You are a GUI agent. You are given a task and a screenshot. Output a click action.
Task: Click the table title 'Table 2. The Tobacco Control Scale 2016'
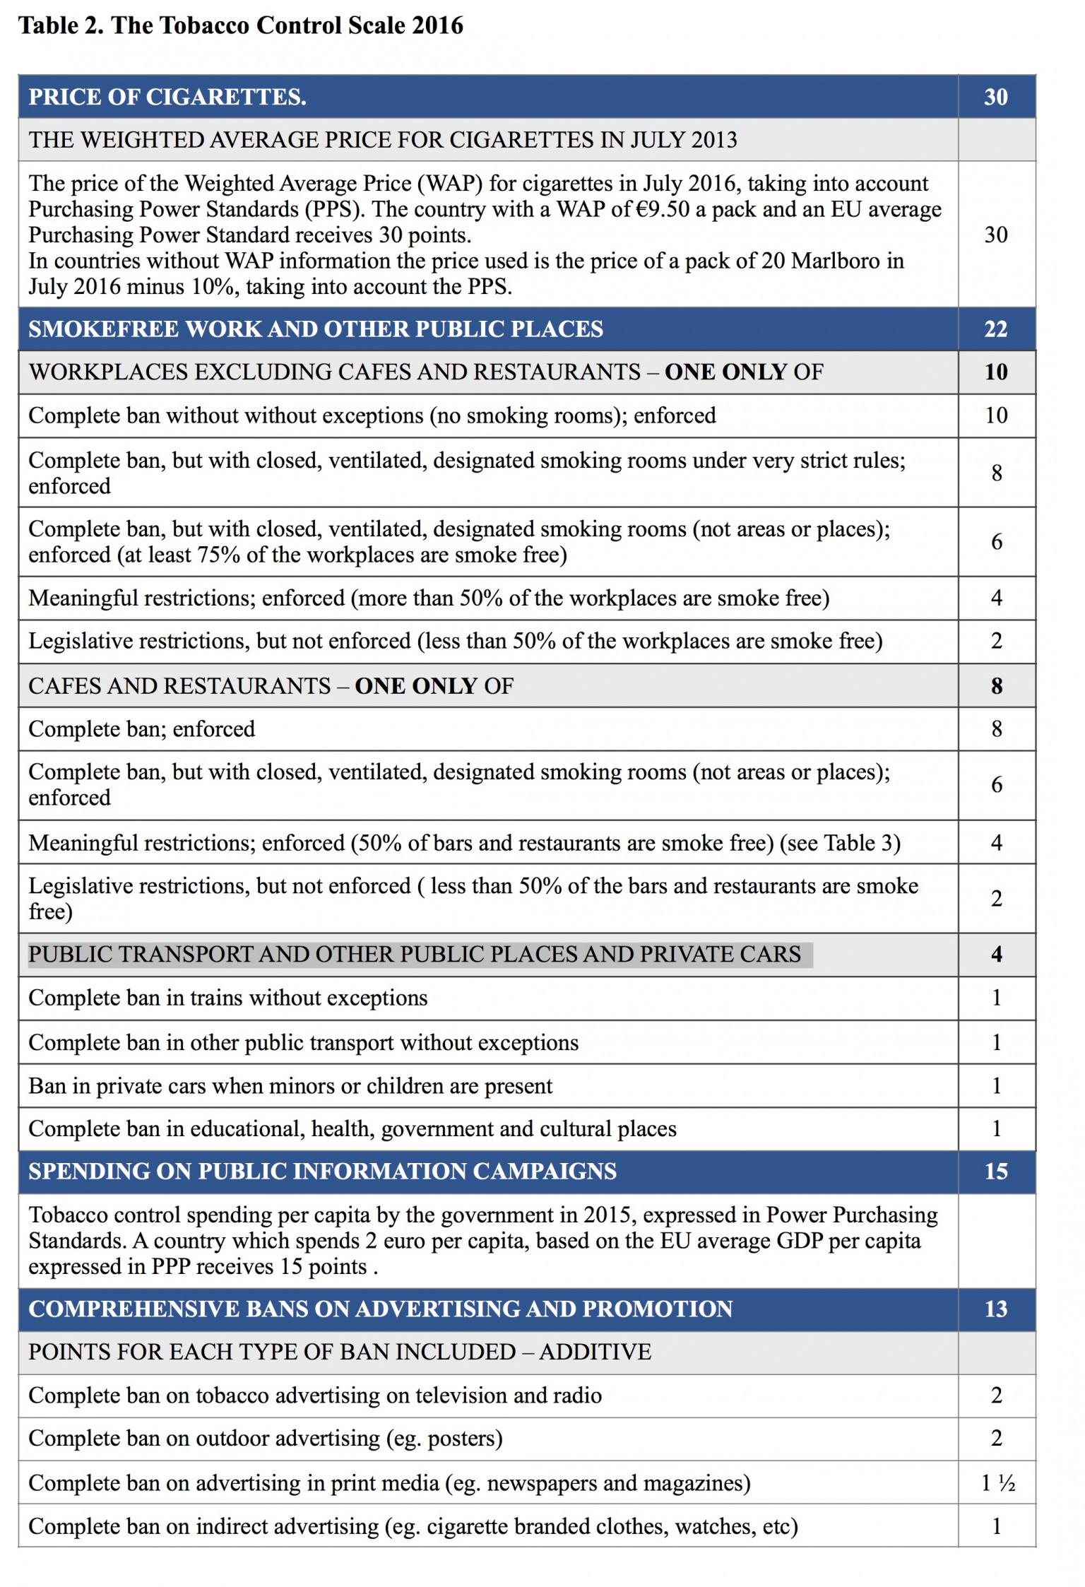pos(240,25)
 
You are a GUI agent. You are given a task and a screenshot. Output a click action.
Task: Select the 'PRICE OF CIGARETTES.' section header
pos(167,97)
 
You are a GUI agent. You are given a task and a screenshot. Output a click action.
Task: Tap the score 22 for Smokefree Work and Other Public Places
pos(995,329)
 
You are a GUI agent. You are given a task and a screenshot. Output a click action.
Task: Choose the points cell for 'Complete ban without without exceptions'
pos(996,415)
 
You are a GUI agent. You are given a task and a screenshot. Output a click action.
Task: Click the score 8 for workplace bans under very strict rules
pos(996,473)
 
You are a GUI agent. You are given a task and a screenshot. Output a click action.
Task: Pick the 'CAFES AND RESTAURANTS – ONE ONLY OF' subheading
pos(271,686)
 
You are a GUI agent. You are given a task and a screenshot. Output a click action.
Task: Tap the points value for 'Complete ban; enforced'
pos(996,729)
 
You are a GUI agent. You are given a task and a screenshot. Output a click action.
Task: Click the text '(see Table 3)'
pos(840,843)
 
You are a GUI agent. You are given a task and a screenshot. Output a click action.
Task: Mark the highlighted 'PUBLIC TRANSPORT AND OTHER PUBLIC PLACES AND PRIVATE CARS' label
pos(415,955)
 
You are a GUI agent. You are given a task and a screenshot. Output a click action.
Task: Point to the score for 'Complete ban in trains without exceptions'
pos(996,998)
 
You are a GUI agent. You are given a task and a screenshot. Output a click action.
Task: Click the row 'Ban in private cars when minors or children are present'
pos(290,1086)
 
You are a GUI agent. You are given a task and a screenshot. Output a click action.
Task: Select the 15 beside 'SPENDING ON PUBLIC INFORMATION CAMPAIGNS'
pos(995,1172)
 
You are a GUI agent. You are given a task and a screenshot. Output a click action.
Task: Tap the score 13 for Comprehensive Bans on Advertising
pos(995,1309)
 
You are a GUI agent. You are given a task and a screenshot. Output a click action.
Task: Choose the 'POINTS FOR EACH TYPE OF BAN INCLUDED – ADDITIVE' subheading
pos(340,1352)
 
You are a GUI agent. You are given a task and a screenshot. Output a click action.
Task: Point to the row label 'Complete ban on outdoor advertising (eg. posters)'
pos(266,1439)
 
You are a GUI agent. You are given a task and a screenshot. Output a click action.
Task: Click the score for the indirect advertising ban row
pos(996,1526)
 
